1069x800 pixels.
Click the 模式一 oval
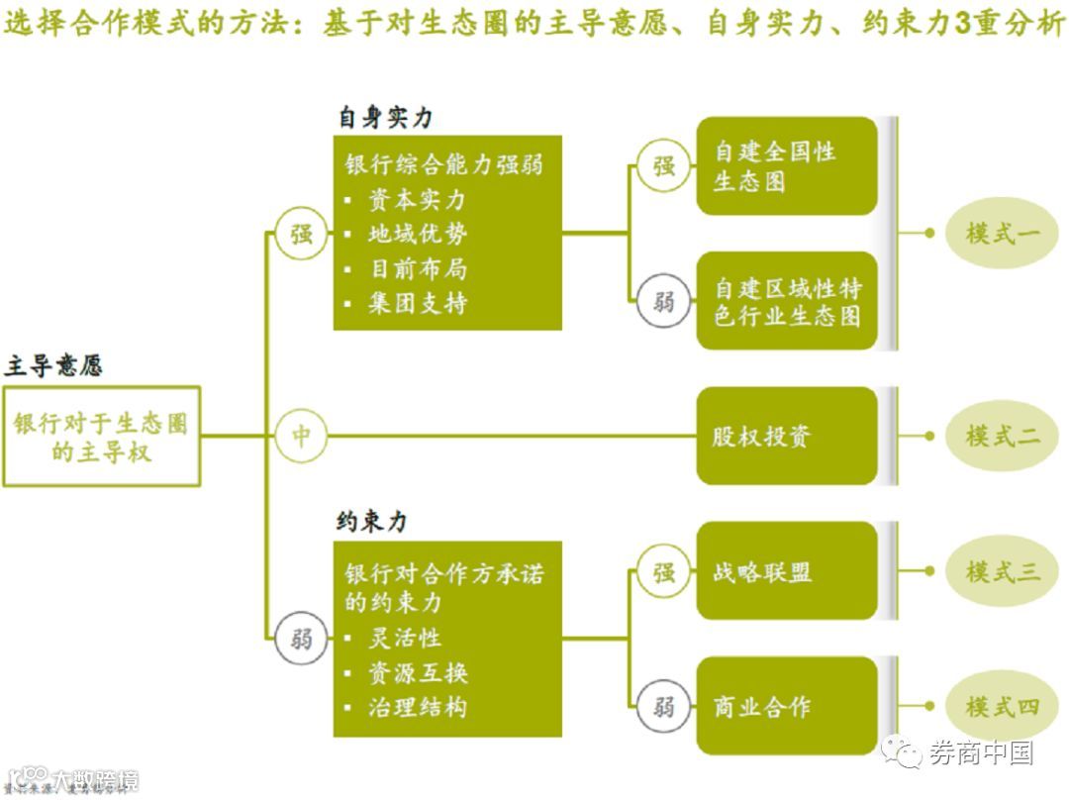1002,235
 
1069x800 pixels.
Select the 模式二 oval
1002,435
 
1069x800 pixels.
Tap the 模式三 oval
1002,571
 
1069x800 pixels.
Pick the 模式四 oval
1002,707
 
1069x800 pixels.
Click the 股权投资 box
787,436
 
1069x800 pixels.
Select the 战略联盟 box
787,571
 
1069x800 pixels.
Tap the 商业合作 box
787,707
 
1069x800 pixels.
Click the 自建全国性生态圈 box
787,166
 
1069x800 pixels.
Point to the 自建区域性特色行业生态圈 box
787,301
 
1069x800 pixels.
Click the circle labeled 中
301,436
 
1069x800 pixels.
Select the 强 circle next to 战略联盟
663,571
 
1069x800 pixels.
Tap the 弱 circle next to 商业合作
663,707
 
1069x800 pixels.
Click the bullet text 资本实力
417,200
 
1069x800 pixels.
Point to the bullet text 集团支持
418,303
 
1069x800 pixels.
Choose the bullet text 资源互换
418,673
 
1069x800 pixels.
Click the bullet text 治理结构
418,707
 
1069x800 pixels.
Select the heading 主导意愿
53,366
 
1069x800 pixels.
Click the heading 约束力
371,522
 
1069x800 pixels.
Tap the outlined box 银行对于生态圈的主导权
101,437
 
